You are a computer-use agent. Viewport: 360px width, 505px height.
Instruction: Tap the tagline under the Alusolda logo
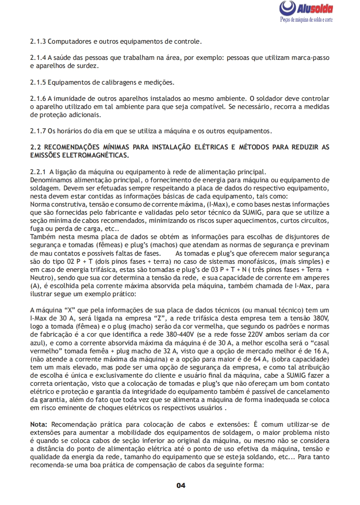(x=306, y=21)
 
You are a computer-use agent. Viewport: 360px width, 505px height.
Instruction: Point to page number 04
(x=180, y=485)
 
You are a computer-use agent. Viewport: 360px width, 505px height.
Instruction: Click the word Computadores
(x=69, y=42)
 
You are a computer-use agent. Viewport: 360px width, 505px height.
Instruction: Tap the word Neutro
(x=40, y=278)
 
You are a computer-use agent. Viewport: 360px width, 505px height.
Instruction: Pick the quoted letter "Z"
(x=173, y=318)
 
